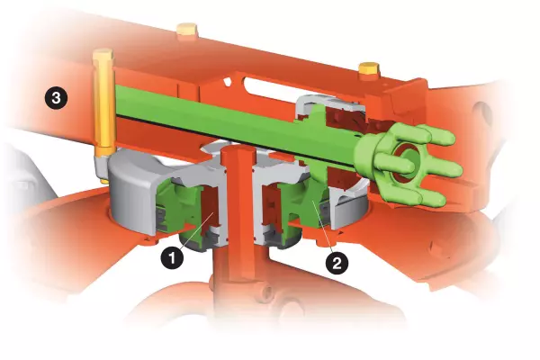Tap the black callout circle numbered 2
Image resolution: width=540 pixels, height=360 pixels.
tap(337, 264)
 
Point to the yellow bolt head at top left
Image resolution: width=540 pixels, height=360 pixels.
tap(187, 32)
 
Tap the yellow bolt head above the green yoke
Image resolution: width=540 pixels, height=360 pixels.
tap(367, 68)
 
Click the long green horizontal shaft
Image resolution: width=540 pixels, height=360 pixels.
tap(225, 112)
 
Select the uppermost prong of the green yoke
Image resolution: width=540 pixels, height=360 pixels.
tap(436, 136)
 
